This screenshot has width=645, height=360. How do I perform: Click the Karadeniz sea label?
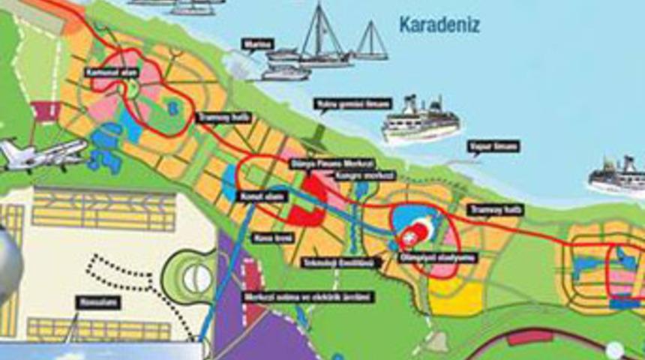pos(439,25)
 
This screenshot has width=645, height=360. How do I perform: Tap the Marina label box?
pos(258,45)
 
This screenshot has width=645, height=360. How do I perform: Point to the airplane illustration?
pos(39,154)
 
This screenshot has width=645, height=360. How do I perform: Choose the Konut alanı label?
pos(260,196)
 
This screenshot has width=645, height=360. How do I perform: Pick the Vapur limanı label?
pos(493,146)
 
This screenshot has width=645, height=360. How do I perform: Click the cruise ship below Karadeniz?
pos(420,120)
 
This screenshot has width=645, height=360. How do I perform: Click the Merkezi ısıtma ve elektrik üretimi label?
pos(307,297)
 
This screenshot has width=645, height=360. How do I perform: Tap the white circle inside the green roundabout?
pos(198,279)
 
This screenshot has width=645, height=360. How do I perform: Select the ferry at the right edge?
pos(617,178)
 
